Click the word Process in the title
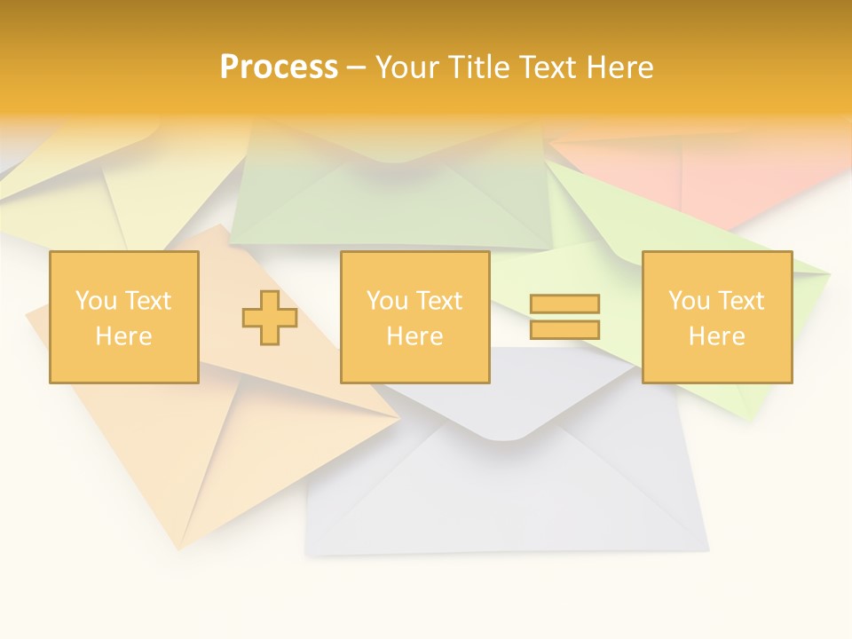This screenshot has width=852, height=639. coord(279,67)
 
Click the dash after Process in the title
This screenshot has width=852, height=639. coord(357,68)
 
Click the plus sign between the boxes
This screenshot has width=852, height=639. coord(270,318)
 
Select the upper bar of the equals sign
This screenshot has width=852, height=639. coord(564,304)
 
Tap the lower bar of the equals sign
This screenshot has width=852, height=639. coord(564,329)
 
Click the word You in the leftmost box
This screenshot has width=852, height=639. coord(96,301)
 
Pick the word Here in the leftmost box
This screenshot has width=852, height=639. coord(123,336)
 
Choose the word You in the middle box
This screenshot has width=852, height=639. coord(387,301)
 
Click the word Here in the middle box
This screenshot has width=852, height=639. coord(414,336)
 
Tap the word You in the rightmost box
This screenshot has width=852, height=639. coord(689,301)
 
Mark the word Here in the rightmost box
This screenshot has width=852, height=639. coord(716,336)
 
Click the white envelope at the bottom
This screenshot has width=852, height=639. coord(506,497)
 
